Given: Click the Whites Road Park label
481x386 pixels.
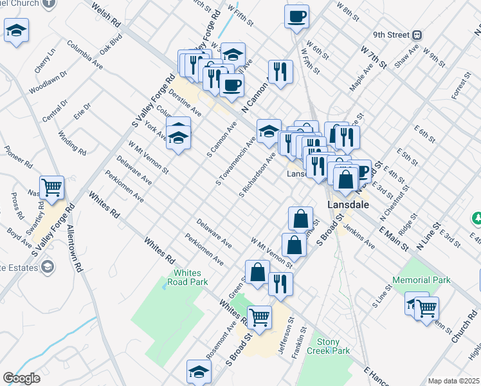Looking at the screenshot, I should (x=187, y=277).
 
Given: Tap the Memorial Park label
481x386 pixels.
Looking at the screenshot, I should (x=422, y=280).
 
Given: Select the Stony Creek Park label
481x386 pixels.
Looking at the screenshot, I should (x=333, y=347).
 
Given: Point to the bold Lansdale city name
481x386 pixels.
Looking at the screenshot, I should (x=348, y=204).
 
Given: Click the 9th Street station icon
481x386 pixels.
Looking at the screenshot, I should (x=417, y=35).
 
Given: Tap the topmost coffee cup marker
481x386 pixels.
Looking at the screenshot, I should (x=297, y=17).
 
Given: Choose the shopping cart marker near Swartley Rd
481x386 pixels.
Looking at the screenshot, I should (x=52, y=188).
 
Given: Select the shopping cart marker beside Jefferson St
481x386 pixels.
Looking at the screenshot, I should (x=259, y=317).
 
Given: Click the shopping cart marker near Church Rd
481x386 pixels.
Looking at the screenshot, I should (x=426, y=308).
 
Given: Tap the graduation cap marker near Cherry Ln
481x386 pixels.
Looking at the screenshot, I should (x=16, y=31).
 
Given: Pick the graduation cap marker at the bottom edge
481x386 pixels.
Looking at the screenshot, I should (x=199, y=372).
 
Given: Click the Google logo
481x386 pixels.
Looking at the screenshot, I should (x=22, y=378).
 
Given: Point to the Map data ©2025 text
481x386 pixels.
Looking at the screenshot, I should (x=453, y=381).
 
